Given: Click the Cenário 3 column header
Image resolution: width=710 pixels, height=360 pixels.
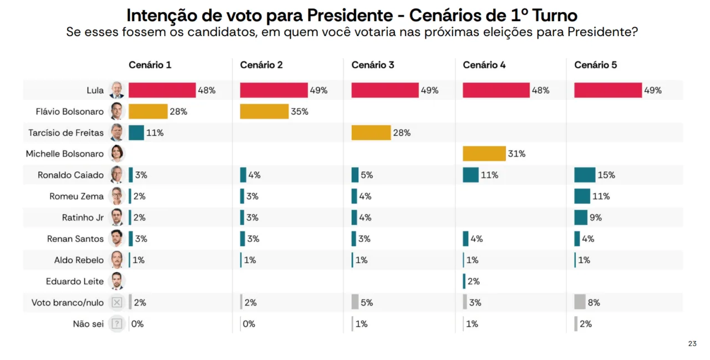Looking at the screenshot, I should click(x=373, y=65).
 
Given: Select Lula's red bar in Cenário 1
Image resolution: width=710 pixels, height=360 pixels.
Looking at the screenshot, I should click(x=162, y=90).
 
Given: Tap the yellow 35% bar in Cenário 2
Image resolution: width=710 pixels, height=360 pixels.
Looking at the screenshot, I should click(x=264, y=111).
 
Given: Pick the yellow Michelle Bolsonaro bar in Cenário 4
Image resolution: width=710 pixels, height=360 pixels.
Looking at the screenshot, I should click(x=484, y=154).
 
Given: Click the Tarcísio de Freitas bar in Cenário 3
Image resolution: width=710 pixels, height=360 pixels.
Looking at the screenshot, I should click(x=371, y=133).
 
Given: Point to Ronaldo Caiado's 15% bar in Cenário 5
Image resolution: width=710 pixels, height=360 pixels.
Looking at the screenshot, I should click(x=585, y=175).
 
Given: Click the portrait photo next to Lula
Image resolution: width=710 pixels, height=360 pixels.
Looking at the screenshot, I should click(x=116, y=90).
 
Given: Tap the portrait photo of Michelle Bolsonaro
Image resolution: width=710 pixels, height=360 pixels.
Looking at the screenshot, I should click(x=116, y=154).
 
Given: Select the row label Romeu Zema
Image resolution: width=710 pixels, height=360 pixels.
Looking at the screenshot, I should click(x=77, y=196).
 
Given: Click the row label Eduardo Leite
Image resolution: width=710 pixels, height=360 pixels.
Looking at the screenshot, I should click(x=75, y=281).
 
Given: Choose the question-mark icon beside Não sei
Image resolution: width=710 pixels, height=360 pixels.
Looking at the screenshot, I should click(x=116, y=323).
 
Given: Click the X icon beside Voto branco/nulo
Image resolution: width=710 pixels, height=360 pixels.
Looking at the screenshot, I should click(x=116, y=302).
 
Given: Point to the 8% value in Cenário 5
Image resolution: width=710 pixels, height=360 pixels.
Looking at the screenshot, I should click(x=594, y=303).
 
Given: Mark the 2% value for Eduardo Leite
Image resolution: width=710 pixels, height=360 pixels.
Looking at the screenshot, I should click(x=473, y=281).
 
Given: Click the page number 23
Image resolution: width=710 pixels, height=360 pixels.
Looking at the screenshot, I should click(x=692, y=344).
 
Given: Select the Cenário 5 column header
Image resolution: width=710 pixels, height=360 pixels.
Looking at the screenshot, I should click(x=596, y=65).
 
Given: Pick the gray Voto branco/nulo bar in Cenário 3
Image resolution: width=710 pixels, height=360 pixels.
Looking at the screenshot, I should click(x=355, y=302).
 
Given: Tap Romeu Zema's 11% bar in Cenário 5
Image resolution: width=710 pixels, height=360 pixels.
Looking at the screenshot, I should click(x=582, y=196).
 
